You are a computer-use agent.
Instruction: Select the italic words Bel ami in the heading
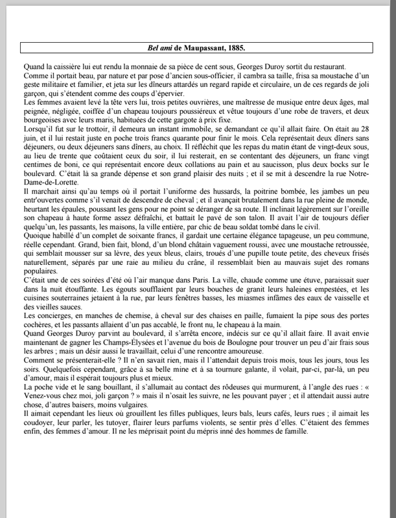[160, 48]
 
